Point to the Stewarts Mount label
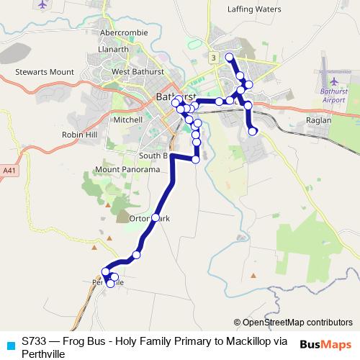(x=45, y=72)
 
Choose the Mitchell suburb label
(x=128, y=120)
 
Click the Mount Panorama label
(x=127, y=170)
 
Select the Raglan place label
(x=318, y=120)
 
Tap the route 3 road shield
(x=213, y=56)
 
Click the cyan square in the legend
(x=9, y=344)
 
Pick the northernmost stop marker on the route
(x=230, y=57)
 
